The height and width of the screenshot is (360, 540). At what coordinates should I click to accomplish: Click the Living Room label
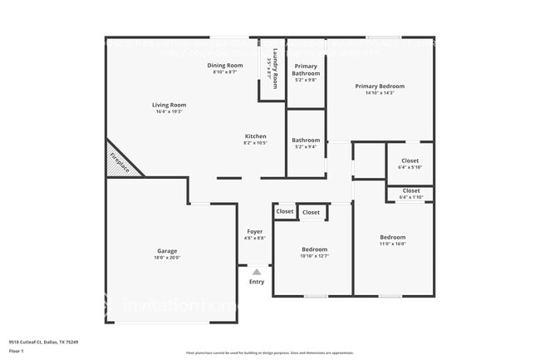pyautogui.click(x=169, y=105)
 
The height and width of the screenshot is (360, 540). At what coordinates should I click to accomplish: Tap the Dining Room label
pyautogui.click(x=224, y=65)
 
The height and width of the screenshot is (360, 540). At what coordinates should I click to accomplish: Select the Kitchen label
pyautogui.click(x=255, y=136)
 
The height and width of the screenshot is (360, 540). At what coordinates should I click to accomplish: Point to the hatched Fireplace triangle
pyautogui.click(x=120, y=163)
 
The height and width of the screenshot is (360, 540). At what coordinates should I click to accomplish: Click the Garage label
pyautogui.click(x=167, y=250)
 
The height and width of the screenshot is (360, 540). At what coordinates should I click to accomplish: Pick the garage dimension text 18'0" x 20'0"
pyautogui.click(x=167, y=258)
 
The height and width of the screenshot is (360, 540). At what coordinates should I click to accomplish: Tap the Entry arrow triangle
pyautogui.click(x=257, y=271)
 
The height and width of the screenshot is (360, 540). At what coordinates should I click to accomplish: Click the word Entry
pyautogui.click(x=257, y=282)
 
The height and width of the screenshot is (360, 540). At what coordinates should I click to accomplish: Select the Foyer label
pyautogui.click(x=255, y=231)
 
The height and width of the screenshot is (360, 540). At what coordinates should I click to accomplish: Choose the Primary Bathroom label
pyautogui.click(x=306, y=69)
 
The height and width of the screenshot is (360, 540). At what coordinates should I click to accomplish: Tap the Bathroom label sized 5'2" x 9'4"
pyautogui.click(x=306, y=141)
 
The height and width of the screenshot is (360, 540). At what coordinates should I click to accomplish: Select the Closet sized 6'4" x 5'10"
pyautogui.click(x=410, y=160)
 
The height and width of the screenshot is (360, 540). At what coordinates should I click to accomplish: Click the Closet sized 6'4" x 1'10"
pyautogui.click(x=410, y=191)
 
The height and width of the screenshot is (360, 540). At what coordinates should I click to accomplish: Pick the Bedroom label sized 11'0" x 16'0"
pyautogui.click(x=392, y=237)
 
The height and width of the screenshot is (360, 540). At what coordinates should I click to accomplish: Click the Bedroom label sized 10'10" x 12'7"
pyautogui.click(x=314, y=249)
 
